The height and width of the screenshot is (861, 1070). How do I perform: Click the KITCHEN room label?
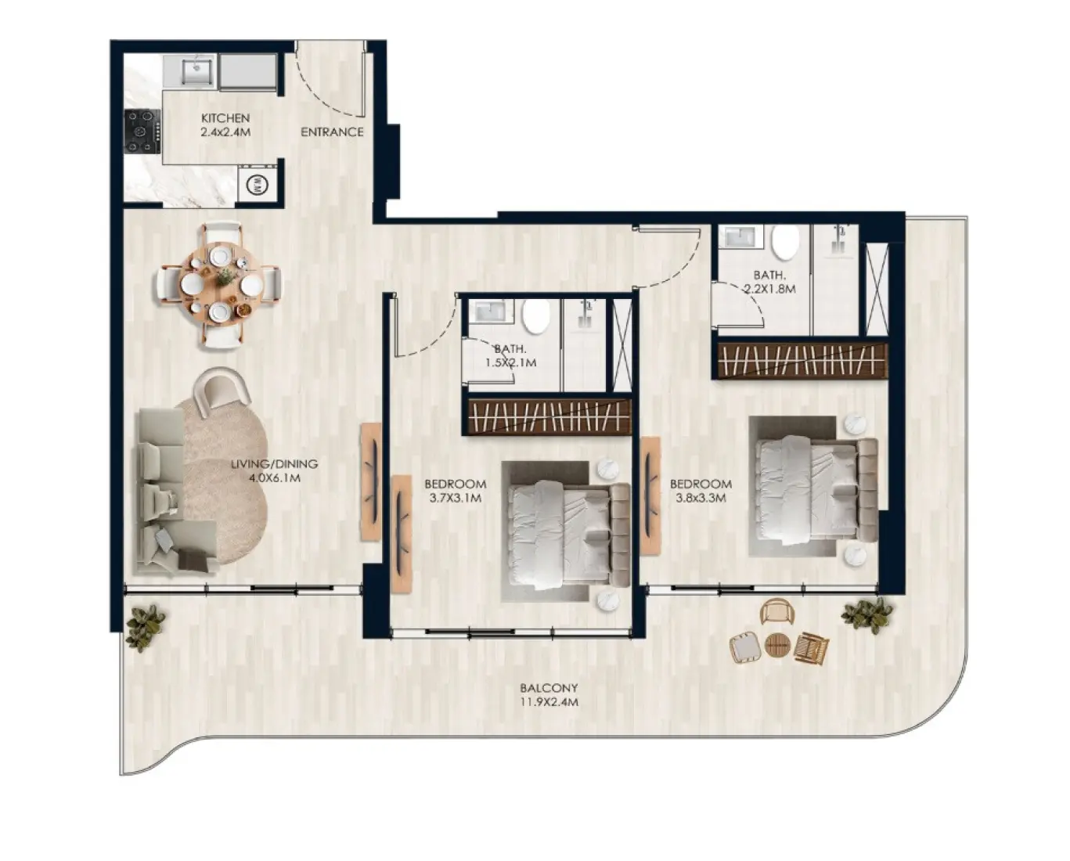coord(225,118)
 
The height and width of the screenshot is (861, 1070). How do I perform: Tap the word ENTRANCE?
coord(332,131)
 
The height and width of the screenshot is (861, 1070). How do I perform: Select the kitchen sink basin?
coord(197,72)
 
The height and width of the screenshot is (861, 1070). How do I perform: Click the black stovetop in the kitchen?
coord(142,131)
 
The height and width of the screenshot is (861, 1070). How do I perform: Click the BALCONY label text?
coord(549,688)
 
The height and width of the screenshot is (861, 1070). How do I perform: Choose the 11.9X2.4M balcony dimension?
coord(549,702)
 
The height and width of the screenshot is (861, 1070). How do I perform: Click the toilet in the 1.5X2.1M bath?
coord(536,316)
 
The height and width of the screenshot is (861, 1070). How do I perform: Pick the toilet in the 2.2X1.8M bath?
coord(784,243)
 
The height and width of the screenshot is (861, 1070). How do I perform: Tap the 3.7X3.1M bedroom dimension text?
coord(456,498)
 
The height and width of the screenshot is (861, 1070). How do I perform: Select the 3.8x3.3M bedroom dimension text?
coord(701,498)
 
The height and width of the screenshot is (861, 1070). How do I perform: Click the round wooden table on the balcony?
coord(777,645)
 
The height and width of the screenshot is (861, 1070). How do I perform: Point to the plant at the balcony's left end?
coord(145,628)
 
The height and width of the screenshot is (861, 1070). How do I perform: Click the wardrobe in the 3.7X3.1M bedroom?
coord(547,416)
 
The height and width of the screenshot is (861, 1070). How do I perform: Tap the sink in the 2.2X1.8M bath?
coord(740,236)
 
